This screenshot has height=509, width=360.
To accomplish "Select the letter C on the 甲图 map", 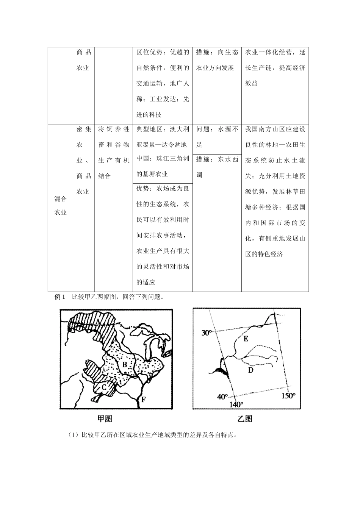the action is (103, 387).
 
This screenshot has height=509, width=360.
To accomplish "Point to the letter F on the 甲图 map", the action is (143, 399).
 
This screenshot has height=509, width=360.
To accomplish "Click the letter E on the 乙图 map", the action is (246, 339).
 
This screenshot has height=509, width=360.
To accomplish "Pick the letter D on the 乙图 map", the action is (250, 370).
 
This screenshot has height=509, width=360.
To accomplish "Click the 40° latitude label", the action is (222, 397).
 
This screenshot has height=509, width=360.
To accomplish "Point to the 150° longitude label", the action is (288, 395).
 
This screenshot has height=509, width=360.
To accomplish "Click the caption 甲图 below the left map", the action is (105, 418).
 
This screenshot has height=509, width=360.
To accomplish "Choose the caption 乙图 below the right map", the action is (245, 418).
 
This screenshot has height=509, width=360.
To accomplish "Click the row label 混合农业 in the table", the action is (61, 205).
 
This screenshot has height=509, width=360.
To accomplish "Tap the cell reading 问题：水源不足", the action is (217, 137).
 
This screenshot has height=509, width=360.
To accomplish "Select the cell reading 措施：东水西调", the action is (217, 167).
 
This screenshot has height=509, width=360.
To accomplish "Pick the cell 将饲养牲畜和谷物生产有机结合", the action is (114, 152).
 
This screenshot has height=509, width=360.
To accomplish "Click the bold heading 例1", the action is (61, 297).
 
